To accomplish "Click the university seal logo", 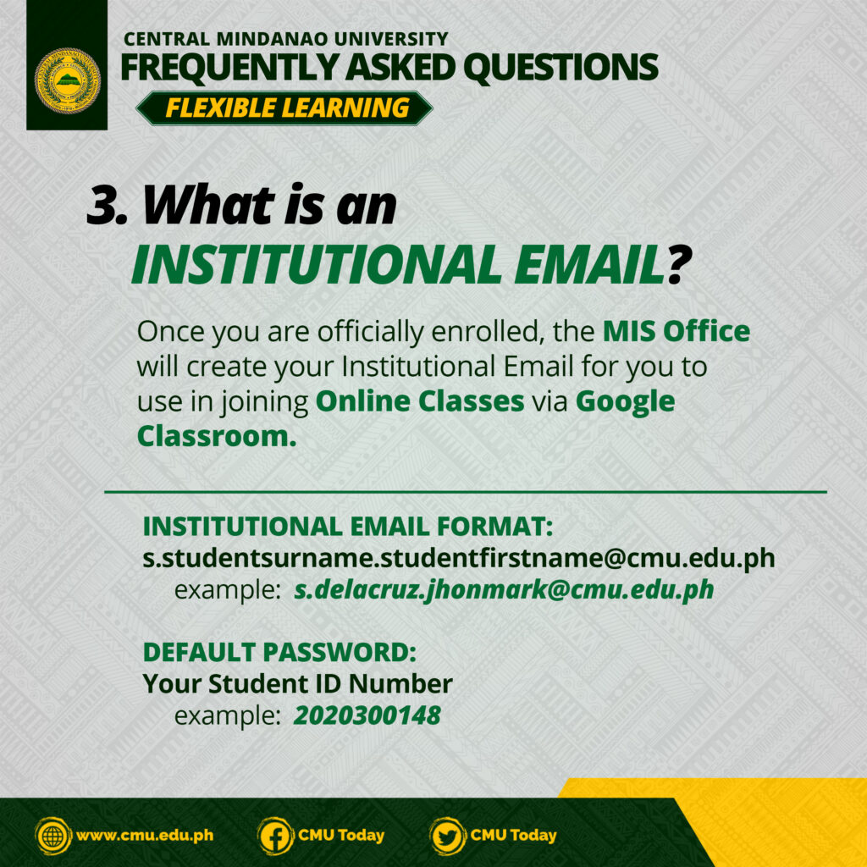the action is [68, 80].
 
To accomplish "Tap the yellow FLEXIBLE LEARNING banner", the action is [284, 108].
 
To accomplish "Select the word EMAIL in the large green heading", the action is [589, 264].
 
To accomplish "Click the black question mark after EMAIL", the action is [679, 264].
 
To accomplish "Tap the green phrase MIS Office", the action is [676, 331].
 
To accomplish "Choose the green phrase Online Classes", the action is [420, 400].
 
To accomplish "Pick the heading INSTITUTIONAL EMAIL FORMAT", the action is [348, 526].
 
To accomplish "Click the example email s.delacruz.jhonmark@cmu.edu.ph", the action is [504, 589].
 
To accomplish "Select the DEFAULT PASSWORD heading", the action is [279, 652].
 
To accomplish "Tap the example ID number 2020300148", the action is [367, 715].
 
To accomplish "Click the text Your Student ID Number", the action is [297, 684].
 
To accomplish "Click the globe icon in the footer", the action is [53, 836].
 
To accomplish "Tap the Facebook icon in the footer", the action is [275, 836].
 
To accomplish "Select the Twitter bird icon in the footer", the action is [447, 836].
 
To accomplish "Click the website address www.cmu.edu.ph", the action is [145, 835].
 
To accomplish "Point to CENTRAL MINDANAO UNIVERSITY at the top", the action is [286, 39].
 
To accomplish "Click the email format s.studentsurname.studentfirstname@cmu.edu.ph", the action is [459, 558].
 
